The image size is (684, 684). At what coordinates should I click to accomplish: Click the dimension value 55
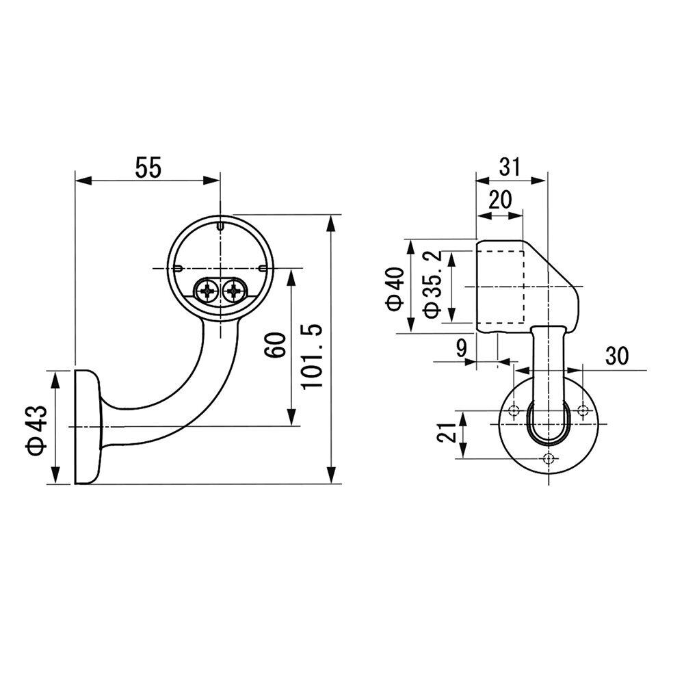tap(148, 168)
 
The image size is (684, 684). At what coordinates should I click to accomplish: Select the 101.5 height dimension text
tap(312, 356)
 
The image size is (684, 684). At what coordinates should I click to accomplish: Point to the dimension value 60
tap(276, 345)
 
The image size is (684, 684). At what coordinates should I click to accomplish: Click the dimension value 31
tap(510, 167)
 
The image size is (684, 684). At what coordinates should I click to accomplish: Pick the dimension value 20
tap(500, 200)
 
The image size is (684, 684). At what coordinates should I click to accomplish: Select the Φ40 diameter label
tap(396, 289)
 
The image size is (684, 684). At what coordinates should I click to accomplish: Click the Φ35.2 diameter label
tap(432, 285)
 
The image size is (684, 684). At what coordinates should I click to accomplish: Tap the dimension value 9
tap(461, 348)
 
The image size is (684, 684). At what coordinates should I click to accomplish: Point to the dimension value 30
tap(617, 356)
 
